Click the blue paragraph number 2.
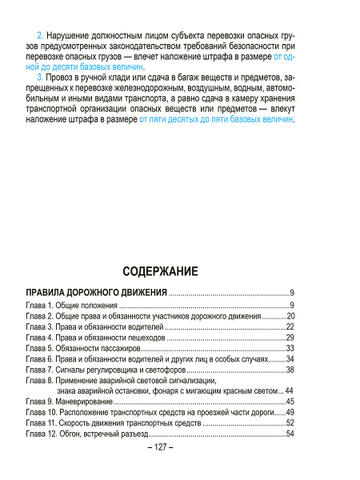pyautogui.click(x=40, y=37)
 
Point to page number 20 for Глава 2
pyautogui.click(x=290, y=317)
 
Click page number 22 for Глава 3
pyautogui.click(x=290, y=327)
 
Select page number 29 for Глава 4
pyautogui.click(x=290, y=338)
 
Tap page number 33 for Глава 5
pyautogui.click(x=290, y=348)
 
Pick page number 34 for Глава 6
pyautogui.click(x=290, y=358)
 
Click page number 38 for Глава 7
pyautogui.click(x=290, y=369)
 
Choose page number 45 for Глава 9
pyautogui.click(x=290, y=401)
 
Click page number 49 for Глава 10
pyautogui.click(x=290, y=411)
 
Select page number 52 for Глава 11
pyautogui.click(x=290, y=422)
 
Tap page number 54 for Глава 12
pyautogui.click(x=290, y=433)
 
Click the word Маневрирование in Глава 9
pyautogui.click(x=88, y=401)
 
